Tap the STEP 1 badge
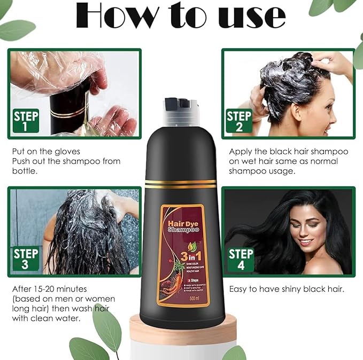tap(26, 121)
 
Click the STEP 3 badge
tap(26, 259)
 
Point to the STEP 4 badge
tap(241, 259)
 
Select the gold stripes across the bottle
tap(181, 184)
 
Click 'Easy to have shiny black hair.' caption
tap(287, 289)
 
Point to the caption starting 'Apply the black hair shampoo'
tap(288, 152)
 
